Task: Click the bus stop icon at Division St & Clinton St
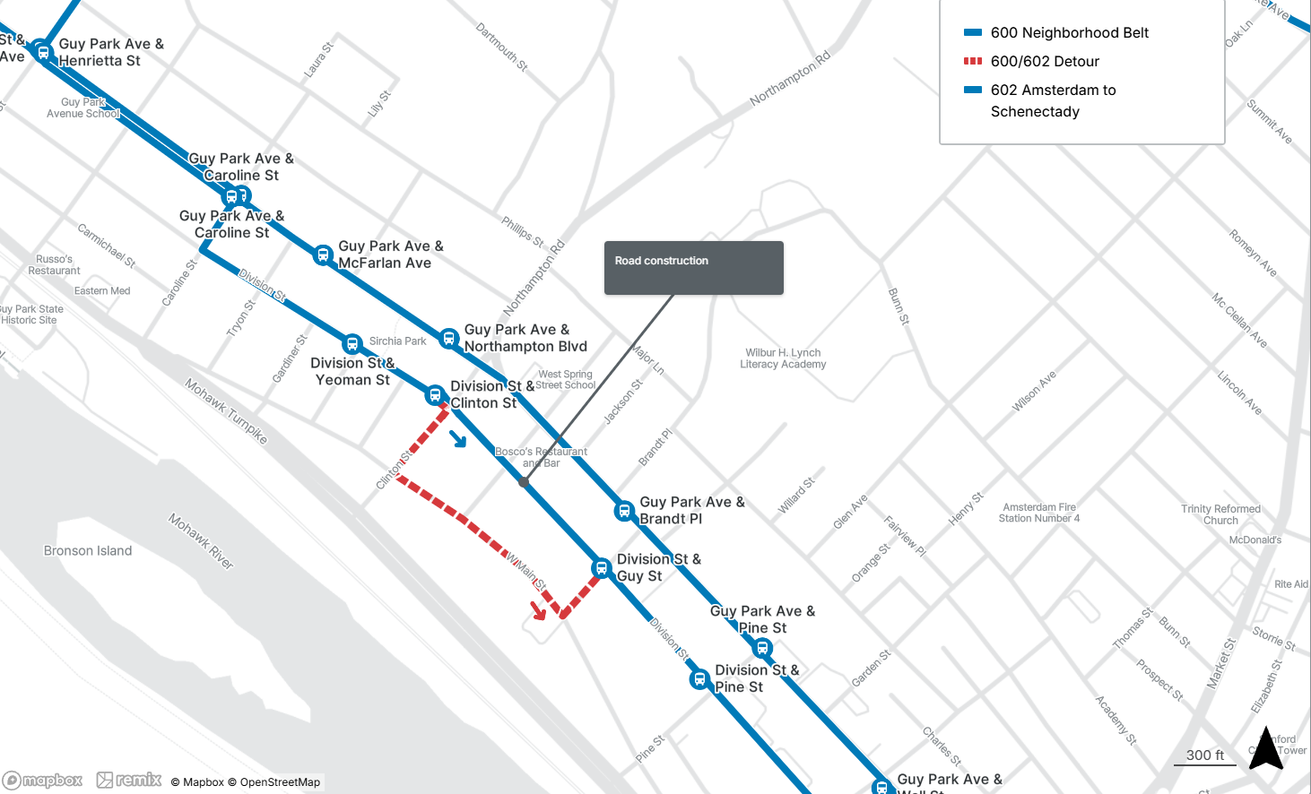click(435, 394)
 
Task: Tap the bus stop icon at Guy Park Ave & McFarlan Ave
click(323, 255)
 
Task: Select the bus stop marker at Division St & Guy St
click(602, 568)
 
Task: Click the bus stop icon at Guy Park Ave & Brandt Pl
click(624, 511)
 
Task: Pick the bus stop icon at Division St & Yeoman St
click(352, 344)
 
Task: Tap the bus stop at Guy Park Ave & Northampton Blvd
click(449, 339)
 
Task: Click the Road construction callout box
click(693, 267)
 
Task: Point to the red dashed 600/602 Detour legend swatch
click(973, 61)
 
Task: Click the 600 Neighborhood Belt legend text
click(1069, 33)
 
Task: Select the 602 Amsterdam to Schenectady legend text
click(1053, 100)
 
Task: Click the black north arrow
click(1266, 748)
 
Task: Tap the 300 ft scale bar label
click(1204, 755)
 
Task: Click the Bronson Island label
click(88, 551)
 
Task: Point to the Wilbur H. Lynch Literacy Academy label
click(783, 358)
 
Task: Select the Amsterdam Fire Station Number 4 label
click(1039, 513)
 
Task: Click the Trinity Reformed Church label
click(1220, 514)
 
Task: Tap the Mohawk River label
click(201, 541)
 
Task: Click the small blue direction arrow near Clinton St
click(458, 438)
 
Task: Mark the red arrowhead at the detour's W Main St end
click(538, 611)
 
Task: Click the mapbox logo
click(43, 781)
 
